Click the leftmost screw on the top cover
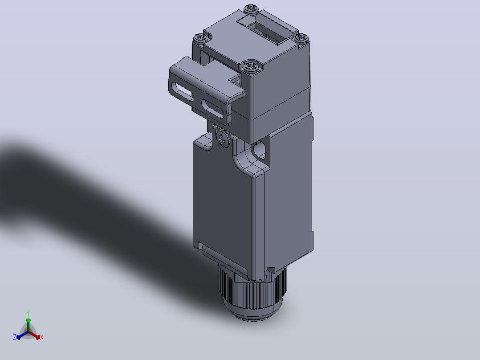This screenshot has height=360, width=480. (202, 38)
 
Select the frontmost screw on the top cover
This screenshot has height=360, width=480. (251, 66)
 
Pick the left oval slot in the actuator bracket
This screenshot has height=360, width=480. (183, 91)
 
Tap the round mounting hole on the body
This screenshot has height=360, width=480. (259, 150)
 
